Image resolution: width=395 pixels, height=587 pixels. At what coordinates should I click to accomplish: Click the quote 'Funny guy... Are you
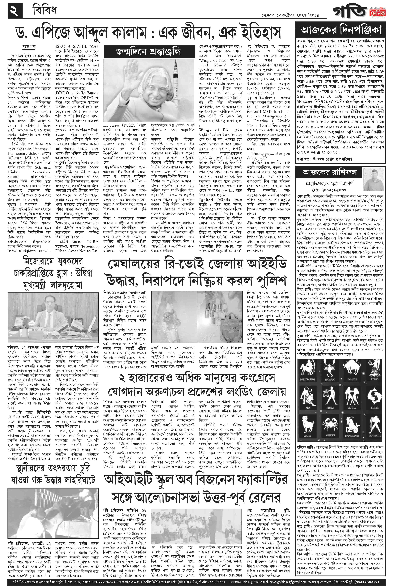tap(268, 153)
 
